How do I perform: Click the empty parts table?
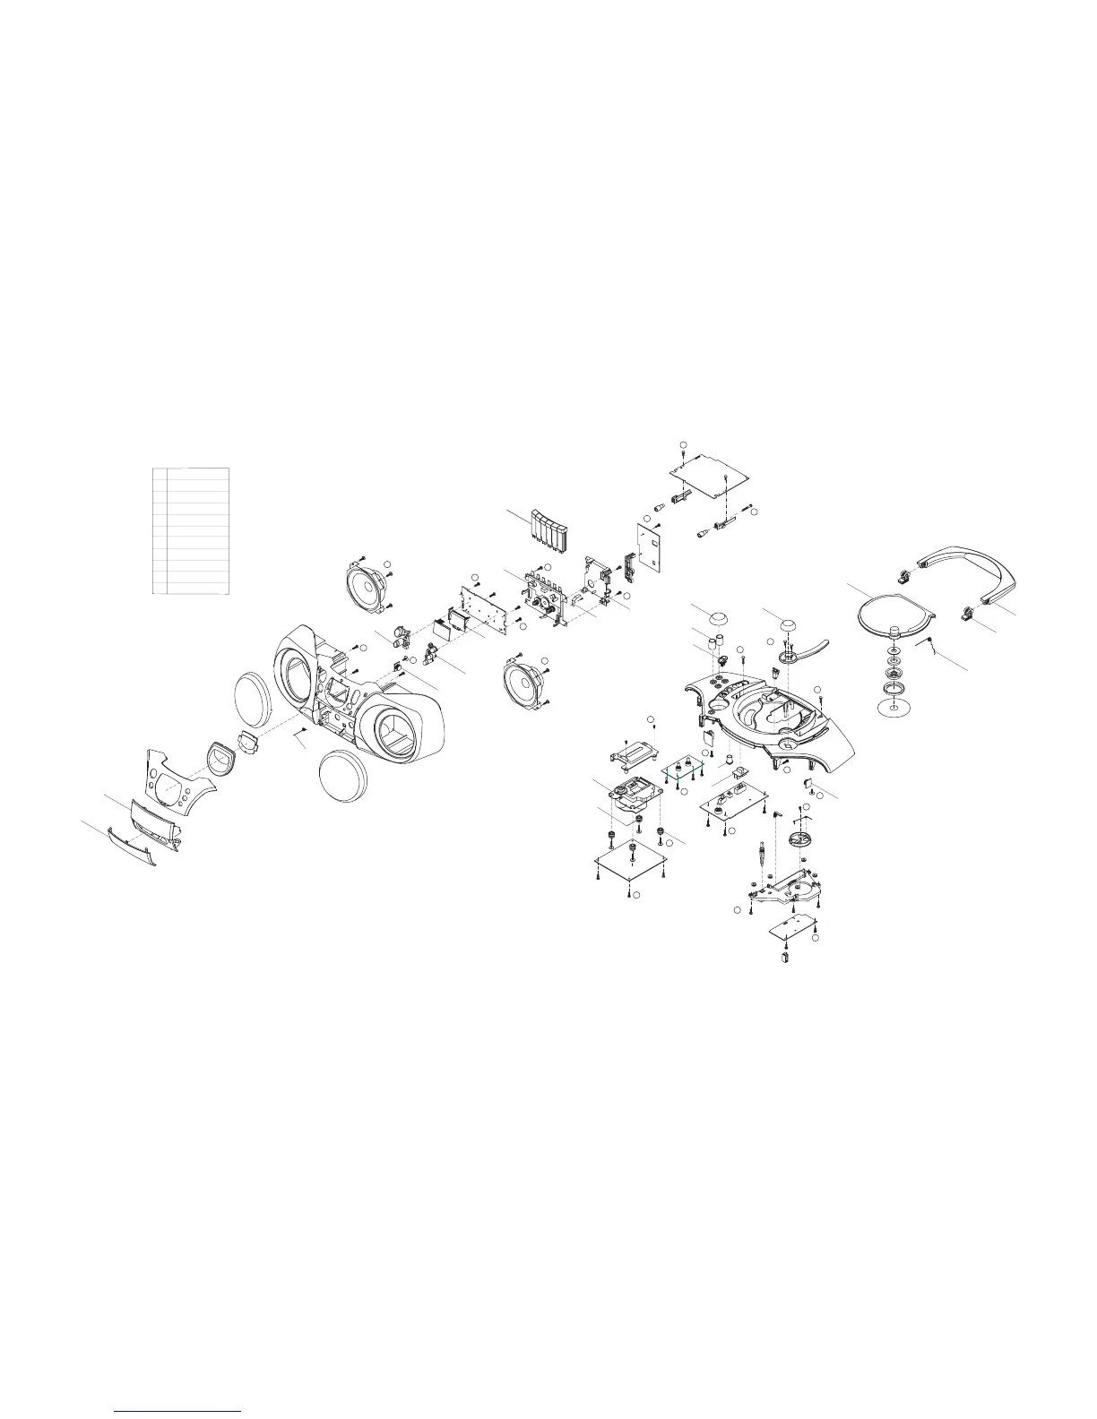coord(191,530)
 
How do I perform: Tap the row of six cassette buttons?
coord(546,534)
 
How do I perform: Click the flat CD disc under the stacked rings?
coord(894,711)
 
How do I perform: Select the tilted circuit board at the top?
coord(710,471)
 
